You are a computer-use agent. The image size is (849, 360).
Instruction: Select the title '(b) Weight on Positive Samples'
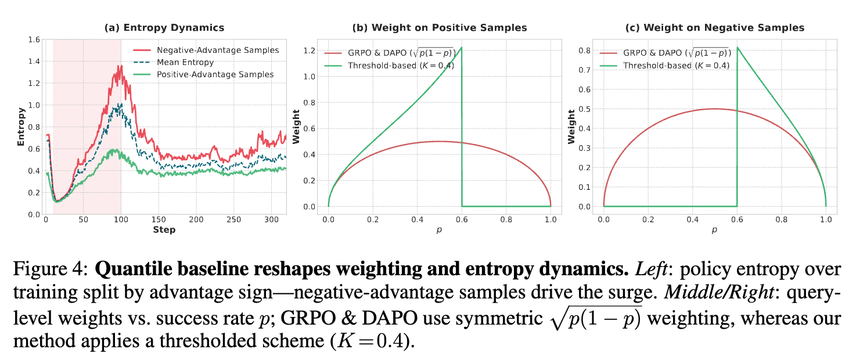[440, 27]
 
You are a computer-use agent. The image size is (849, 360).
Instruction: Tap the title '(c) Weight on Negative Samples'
[715, 27]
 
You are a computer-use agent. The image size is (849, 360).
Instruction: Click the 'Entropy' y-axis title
[21, 126]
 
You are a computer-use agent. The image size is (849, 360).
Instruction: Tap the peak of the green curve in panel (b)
[461, 48]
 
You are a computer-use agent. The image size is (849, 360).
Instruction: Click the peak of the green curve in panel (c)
[737, 48]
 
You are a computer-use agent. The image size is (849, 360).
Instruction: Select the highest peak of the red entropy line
[120, 66]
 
